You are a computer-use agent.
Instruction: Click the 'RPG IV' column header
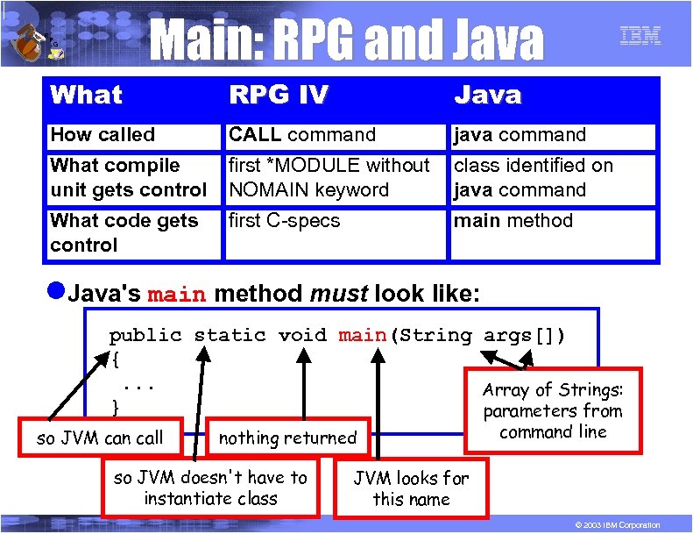click(279, 95)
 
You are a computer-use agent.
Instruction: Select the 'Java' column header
click(487, 95)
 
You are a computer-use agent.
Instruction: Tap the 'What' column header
click(87, 95)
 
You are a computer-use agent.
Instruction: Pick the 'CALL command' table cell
click(302, 135)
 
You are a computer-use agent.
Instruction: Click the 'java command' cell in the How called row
click(520, 135)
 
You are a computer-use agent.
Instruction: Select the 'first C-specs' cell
click(284, 221)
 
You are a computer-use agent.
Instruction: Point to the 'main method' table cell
click(513, 221)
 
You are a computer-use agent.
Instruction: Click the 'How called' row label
click(103, 135)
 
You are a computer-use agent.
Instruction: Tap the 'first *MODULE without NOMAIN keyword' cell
click(329, 177)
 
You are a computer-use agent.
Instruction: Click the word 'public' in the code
click(145, 335)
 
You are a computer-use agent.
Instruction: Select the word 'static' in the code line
click(230, 335)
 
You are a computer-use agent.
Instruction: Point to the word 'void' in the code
click(303, 335)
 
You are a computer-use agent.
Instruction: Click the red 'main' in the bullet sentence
click(177, 295)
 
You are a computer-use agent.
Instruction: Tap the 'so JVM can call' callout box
click(100, 438)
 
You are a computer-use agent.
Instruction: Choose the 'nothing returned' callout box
click(287, 438)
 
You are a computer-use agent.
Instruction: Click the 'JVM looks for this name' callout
click(411, 488)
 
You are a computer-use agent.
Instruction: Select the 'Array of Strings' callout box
click(553, 410)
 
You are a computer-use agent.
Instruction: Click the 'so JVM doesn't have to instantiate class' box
click(211, 488)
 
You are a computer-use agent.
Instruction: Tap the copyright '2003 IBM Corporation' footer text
click(612, 524)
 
